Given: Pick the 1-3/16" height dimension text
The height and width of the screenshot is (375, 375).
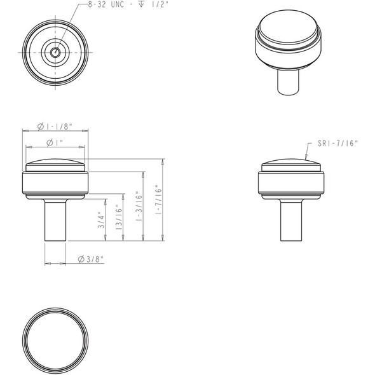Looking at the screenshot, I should click(x=139, y=205).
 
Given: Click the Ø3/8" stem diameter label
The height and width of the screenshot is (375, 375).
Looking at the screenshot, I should click(x=90, y=260).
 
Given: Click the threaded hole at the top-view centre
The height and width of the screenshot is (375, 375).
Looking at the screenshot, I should click(x=55, y=51).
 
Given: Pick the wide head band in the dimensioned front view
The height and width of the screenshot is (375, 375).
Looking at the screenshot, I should click(x=55, y=183).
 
